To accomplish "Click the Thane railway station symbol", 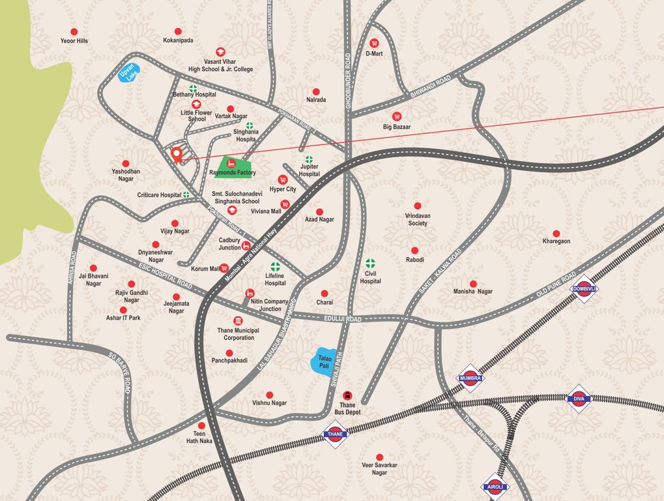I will pos(335,434).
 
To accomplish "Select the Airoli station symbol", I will pos(494,486).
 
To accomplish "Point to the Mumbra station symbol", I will pos(470,378).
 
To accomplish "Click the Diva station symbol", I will pos(579,399).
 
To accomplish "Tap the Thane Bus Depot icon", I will pos(347,395).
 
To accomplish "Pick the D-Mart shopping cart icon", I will pos(374,43).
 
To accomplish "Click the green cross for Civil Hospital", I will pos(371,264).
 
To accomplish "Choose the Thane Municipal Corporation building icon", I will pos(238,321).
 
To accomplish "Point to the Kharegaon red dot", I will pos(556,233).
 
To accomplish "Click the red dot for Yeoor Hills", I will pos(74,31).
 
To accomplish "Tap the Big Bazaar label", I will pos(397,127).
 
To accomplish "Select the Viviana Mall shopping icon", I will pos(285,204).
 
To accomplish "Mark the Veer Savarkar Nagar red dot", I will pos(379,457).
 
